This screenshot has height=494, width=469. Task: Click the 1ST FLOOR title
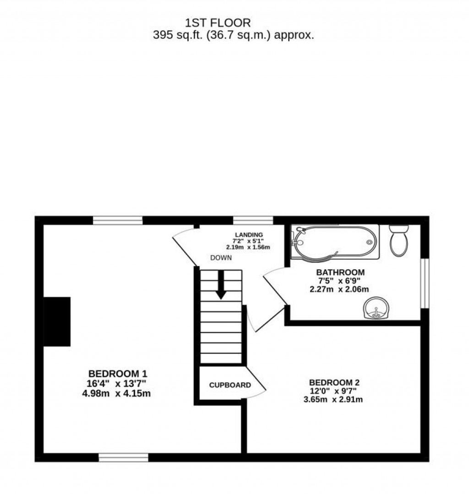coord(218,23)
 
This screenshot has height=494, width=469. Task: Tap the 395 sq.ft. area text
coord(234,35)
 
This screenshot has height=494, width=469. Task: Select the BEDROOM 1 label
coord(118,374)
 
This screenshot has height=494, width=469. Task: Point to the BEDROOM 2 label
coord(334,382)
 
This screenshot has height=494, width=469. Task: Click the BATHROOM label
coord(340,272)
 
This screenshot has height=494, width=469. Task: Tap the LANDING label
coord(249,235)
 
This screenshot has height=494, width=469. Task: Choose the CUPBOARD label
coord(230,385)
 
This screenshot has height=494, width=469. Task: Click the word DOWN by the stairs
coord(221,258)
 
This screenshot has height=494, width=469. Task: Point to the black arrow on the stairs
coord(221,284)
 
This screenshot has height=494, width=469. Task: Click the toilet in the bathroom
coord(399,240)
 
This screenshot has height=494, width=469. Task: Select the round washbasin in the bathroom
coord(376,308)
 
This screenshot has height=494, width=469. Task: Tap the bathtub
coord(335,242)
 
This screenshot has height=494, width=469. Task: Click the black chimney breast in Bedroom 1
coord(57,322)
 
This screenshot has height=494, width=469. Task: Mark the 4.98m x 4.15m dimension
coord(116,393)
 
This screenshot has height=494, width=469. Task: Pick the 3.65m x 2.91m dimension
coord(333,400)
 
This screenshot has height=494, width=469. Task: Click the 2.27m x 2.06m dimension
coord(339,289)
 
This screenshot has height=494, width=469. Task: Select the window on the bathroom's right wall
coord(425,283)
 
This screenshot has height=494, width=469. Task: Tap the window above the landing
coord(253,220)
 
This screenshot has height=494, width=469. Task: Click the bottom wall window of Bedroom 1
coord(123,457)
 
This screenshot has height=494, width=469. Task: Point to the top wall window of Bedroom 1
coord(118,220)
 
